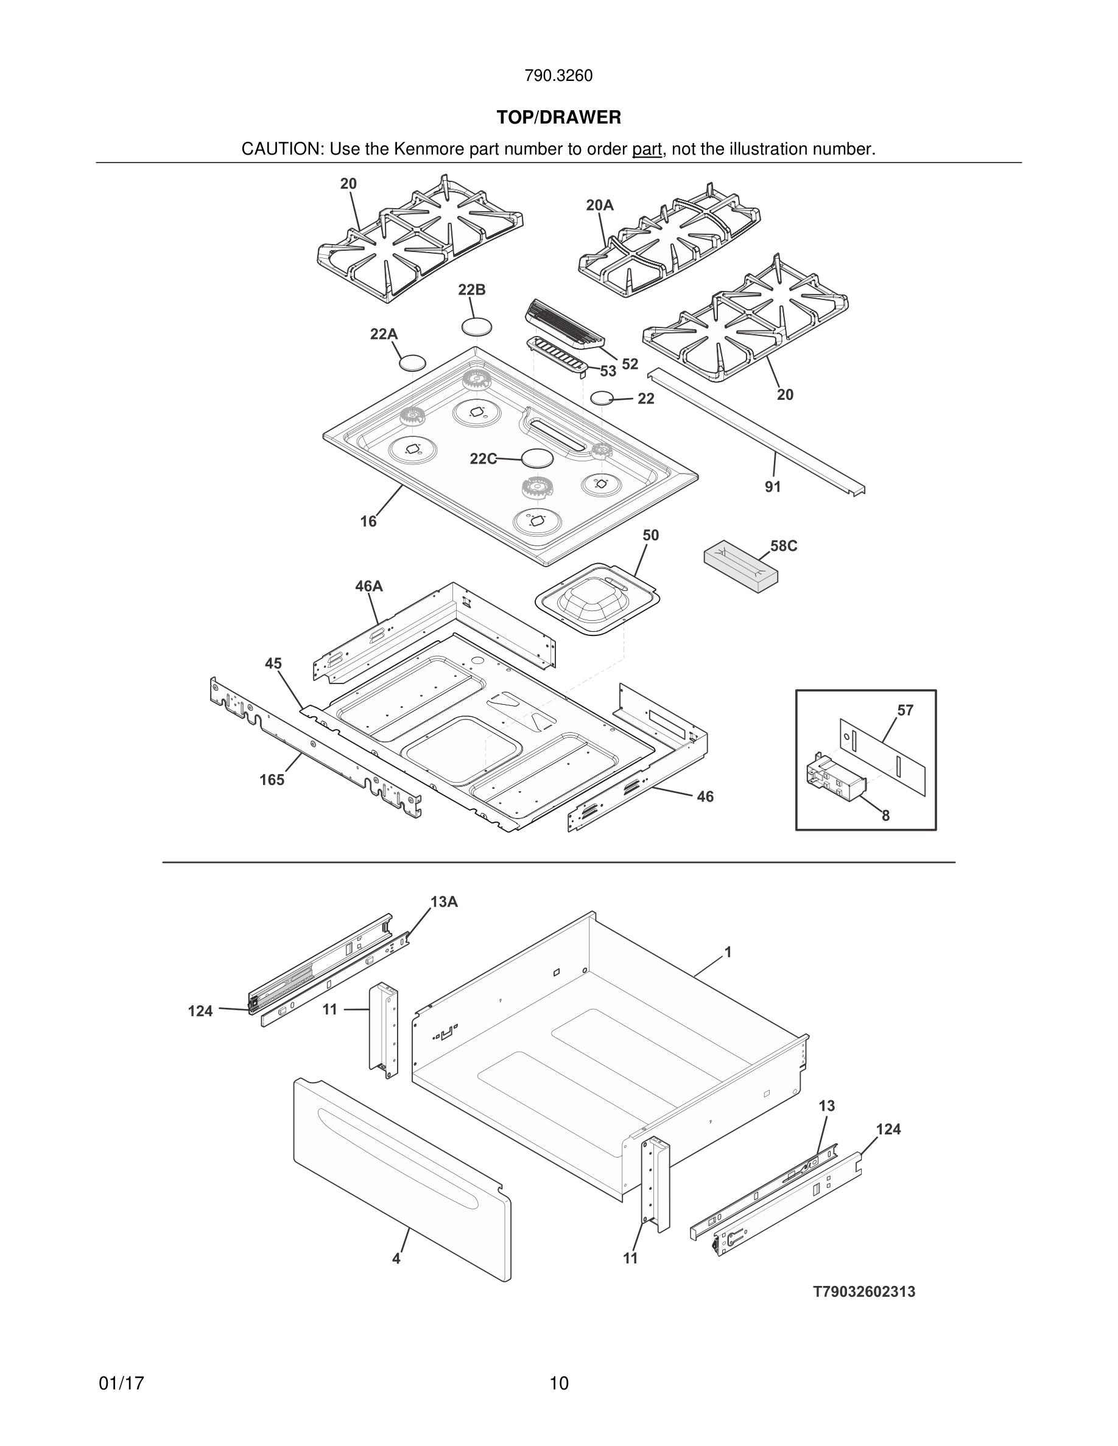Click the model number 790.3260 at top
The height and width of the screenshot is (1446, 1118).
(558, 76)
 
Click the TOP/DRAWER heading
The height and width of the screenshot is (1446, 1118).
(558, 118)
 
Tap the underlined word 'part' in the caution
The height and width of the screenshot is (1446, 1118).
(647, 150)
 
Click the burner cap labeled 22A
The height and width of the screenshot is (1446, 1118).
(412, 363)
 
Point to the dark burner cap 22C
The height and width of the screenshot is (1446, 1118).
(536, 458)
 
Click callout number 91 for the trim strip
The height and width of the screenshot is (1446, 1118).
(772, 487)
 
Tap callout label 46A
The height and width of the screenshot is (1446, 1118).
(369, 587)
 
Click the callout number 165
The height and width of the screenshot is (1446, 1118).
(272, 780)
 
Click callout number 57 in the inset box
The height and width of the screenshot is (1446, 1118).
(905, 710)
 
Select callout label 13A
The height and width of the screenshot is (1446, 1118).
(444, 902)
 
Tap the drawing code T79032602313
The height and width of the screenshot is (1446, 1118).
(863, 1292)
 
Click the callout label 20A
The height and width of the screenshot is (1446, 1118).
(599, 206)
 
